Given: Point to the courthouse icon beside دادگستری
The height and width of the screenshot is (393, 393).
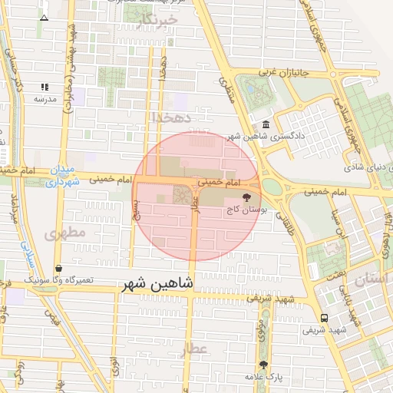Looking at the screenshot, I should tap(266, 125).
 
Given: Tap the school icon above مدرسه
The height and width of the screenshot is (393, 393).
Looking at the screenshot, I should tap(44, 88).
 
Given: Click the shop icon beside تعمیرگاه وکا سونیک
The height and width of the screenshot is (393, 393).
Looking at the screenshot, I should tap(59, 268).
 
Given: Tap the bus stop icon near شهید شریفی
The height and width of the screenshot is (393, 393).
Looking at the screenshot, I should tap(324, 317).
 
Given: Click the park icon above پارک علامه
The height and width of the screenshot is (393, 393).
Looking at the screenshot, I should tap(264, 365).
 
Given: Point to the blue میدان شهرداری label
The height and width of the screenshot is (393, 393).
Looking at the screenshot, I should tap(59, 176).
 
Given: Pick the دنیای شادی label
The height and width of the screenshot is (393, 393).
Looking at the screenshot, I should tap(362, 166).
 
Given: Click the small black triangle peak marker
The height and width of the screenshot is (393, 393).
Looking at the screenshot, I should tap(44, 17).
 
